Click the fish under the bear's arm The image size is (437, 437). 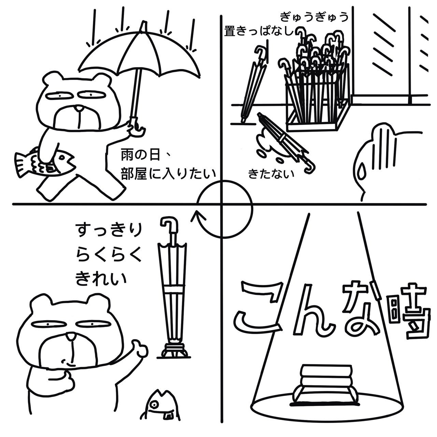pyautogui.click(x=45, y=163)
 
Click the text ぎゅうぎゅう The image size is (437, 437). pyautogui.click(x=314, y=17)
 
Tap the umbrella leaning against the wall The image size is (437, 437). pyautogui.click(x=254, y=84)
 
